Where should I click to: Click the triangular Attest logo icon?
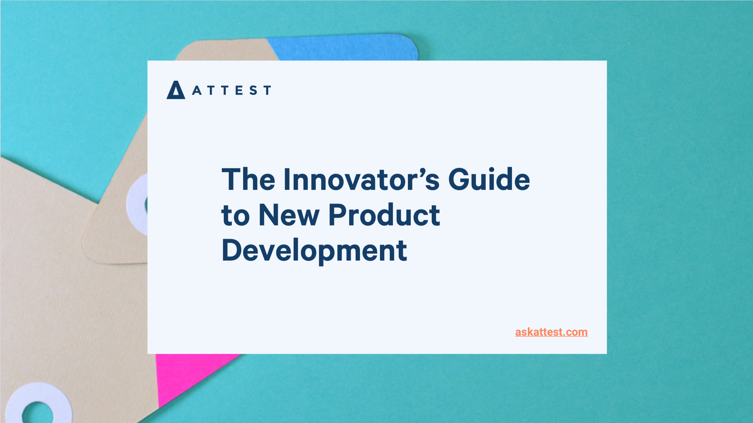[x=176, y=91]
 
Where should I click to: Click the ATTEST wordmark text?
[x=231, y=90]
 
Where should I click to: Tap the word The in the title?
[x=248, y=180]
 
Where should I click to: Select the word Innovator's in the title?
[x=362, y=180]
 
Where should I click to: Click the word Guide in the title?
[x=489, y=180]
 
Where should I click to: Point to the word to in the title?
[x=235, y=216]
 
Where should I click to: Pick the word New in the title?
[x=289, y=216]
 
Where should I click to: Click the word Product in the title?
[x=384, y=216]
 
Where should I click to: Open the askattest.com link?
[x=551, y=332]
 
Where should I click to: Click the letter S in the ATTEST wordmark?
[x=253, y=90]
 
